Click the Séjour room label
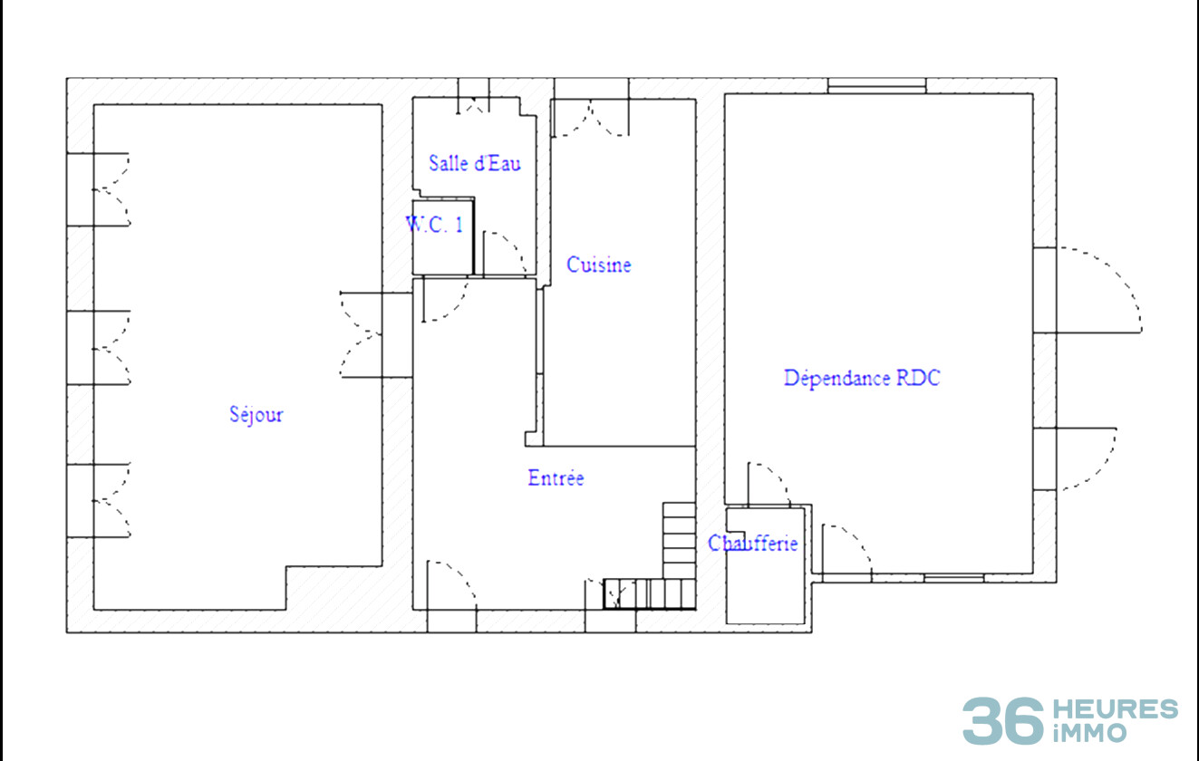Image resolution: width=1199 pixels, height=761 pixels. pyautogui.click(x=256, y=415)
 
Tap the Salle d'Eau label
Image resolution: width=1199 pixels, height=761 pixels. pyautogui.click(x=475, y=163)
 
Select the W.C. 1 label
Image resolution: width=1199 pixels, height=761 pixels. pyautogui.click(x=435, y=225)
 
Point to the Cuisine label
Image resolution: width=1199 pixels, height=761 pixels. pyautogui.click(x=599, y=265)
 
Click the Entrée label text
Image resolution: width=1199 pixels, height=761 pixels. pyautogui.click(x=556, y=478)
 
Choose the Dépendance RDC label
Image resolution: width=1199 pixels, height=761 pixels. pyautogui.click(x=862, y=379)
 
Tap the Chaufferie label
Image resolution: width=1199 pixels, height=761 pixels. pyautogui.click(x=752, y=544)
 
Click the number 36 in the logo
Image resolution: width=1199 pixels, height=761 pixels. pyautogui.click(x=1003, y=720)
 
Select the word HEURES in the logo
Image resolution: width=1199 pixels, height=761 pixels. pyautogui.click(x=1116, y=709)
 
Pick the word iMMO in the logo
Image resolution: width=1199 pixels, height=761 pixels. pyautogui.click(x=1090, y=733)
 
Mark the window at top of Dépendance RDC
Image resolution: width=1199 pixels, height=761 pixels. pyautogui.click(x=876, y=86)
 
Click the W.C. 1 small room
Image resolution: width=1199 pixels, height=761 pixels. pyautogui.click(x=442, y=237)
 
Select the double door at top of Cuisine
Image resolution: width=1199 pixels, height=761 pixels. pyautogui.click(x=591, y=117)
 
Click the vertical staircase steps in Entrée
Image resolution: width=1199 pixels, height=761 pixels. pyautogui.click(x=680, y=541)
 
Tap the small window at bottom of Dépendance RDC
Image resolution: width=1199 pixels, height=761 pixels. pyautogui.click(x=953, y=578)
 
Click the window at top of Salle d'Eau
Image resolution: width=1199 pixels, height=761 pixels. pyautogui.click(x=474, y=96)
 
